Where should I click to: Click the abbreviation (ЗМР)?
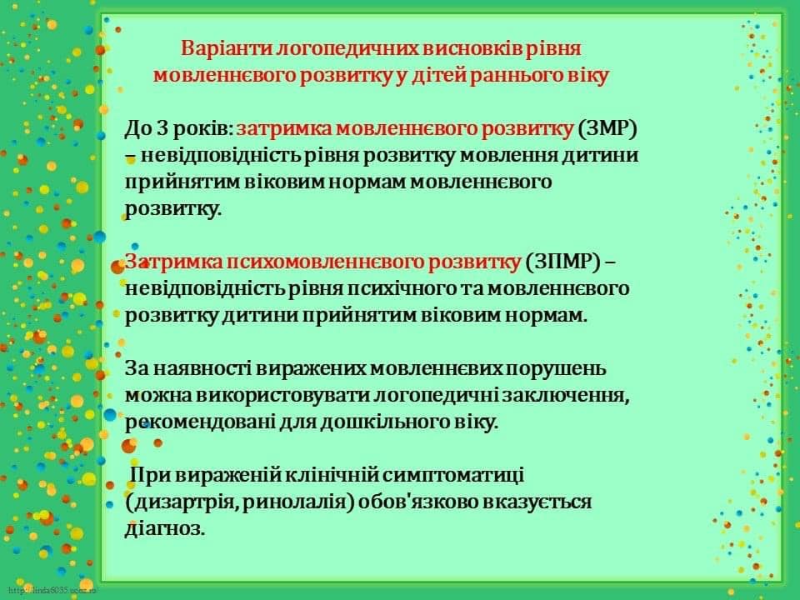click(607, 128)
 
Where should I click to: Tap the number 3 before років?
click(162, 128)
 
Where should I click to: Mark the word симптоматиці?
click(453, 476)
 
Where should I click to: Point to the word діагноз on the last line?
click(165, 528)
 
